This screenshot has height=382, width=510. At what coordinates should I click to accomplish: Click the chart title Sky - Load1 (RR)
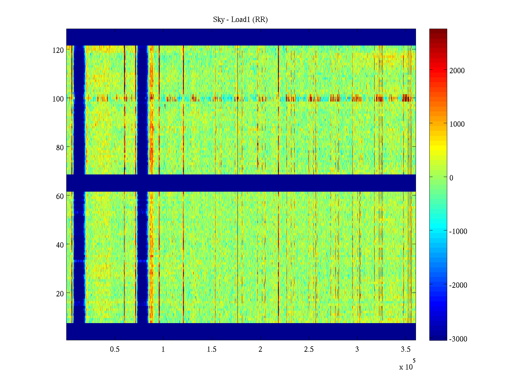pyautogui.click(x=240, y=20)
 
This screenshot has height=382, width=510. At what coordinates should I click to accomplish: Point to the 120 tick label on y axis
pyautogui.click(x=58, y=50)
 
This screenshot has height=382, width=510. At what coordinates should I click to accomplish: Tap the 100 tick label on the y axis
pyautogui.click(x=58, y=99)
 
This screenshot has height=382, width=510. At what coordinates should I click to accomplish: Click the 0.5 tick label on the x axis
pyautogui.click(x=115, y=350)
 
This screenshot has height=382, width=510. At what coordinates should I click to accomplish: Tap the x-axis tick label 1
pyautogui.click(x=163, y=350)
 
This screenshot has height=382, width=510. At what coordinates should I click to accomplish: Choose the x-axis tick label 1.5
pyautogui.click(x=212, y=350)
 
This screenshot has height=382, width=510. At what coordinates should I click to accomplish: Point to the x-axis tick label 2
pyautogui.click(x=260, y=350)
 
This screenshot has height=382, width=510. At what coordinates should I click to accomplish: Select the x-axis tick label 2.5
pyautogui.click(x=309, y=350)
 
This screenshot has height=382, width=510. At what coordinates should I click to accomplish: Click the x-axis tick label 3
pyautogui.click(x=357, y=350)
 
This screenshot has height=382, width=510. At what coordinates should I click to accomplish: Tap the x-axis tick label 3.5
pyautogui.click(x=406, y=350)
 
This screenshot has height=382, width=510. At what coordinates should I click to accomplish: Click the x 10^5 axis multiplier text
pyautogui.click(x=407, y=366)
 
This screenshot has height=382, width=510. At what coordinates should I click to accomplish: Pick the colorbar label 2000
pyautogui.click(x=457, y=71)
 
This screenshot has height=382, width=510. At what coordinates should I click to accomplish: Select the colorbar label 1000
pyautogui.click(x=457, y=124)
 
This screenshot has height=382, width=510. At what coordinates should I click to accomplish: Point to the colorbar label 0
pyautogui.click(x=451, y=178)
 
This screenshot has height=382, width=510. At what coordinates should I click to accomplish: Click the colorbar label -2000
pyautogui.click(x=458, y=285)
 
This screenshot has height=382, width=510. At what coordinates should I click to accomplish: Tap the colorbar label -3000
pyautogui.click(x=458, y=339)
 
